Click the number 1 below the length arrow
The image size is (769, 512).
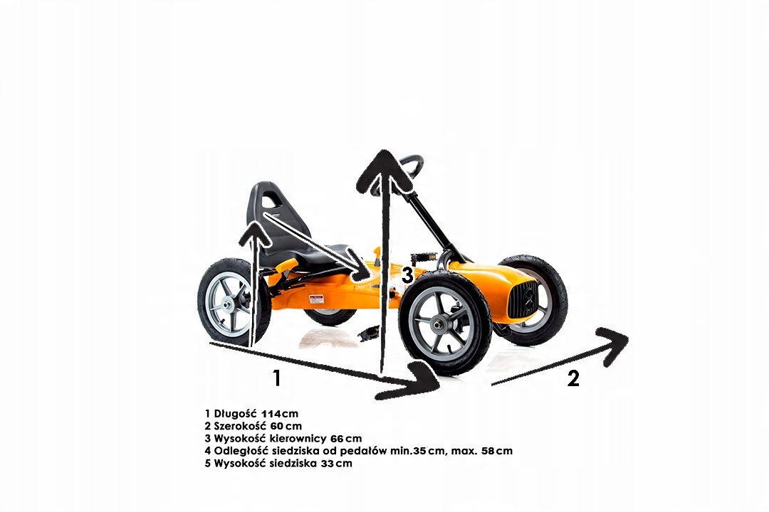click(277, 378)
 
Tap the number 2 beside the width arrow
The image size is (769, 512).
click(572, 379)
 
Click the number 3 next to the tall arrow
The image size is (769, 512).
click(407, 275)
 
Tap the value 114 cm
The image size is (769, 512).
click(280, 414)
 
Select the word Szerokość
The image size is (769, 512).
click(244, 426)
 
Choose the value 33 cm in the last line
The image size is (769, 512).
click(335, 464)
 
